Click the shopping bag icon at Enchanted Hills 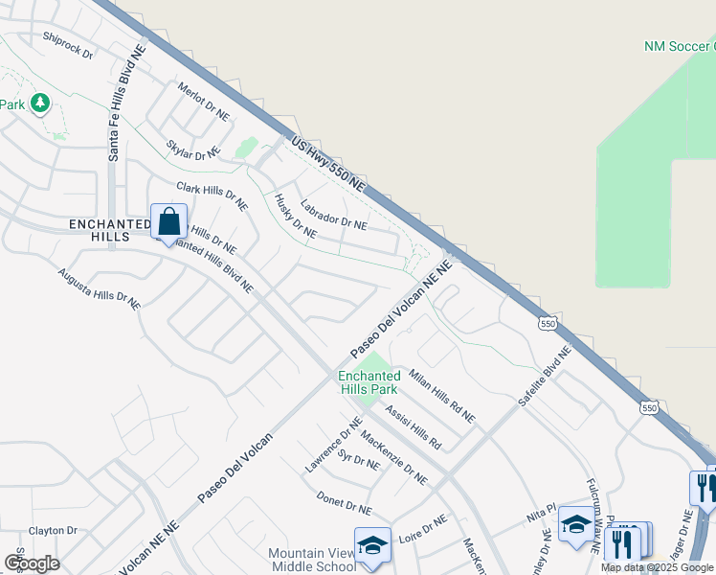point(168,222)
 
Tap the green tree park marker point(39,103)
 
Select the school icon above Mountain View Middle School point(372,545)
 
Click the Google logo point(33,563)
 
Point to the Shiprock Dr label point(67,45)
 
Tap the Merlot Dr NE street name point(204,101)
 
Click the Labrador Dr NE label point(333,215)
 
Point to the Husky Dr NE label point(295,217)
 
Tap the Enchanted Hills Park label point(369,383)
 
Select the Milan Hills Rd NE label point(441,396)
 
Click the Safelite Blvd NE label point(545,377)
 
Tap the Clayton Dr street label point(53,530)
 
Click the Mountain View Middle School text point(312,561)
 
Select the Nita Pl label point(541,514)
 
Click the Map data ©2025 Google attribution point(657,567)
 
